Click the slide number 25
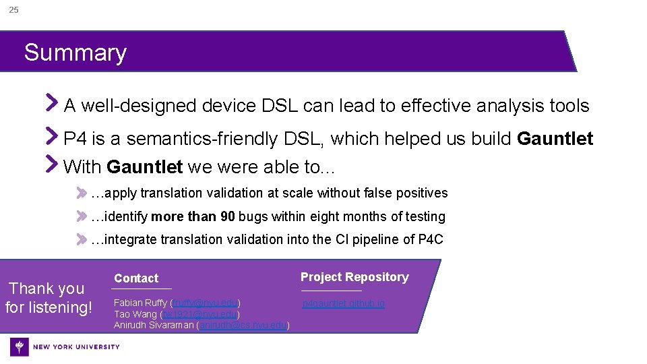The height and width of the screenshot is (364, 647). coord(13,10)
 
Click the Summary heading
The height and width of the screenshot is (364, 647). coord(75,53)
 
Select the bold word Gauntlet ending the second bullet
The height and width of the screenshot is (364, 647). coord(555,139)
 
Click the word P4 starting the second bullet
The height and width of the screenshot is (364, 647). coord(75,139)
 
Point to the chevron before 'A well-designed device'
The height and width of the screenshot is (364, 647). coord(52,103)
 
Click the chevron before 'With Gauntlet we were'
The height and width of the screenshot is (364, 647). coord(52,163)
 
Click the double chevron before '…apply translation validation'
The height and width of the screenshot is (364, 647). coord(82,193)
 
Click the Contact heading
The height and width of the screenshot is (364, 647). coord(136,278)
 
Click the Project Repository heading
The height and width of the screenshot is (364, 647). coord(355,277)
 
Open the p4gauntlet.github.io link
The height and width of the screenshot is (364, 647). coord(344,304)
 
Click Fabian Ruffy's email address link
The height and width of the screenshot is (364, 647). coord(206,303)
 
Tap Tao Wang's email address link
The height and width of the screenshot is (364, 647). coord(199,314)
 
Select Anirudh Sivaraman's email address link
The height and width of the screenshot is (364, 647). coord(243,326)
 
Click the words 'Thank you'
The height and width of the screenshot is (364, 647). coord(47,289)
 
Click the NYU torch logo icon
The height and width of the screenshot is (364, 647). coord(20,347)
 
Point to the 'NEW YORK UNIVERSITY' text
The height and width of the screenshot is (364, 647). coord(76,347)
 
